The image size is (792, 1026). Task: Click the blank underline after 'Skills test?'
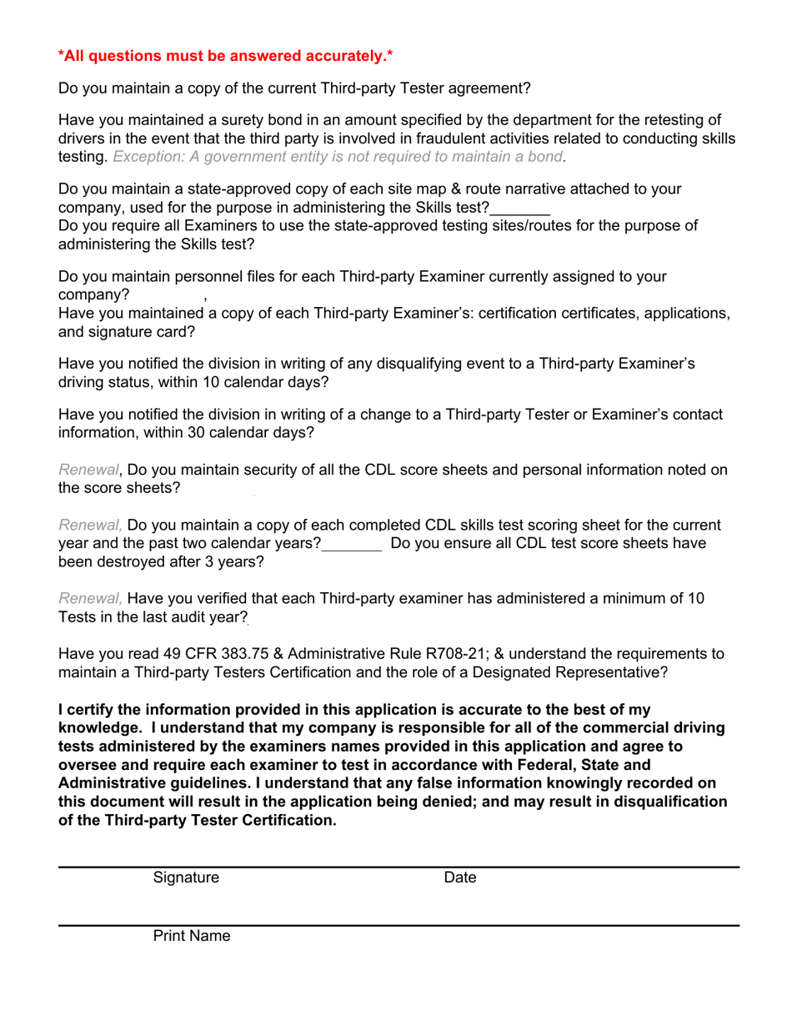pos(519,208)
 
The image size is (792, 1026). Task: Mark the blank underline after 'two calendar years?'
pos(352,543)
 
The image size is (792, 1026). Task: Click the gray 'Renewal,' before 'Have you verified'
pos(90,598)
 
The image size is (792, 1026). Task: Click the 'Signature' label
pos(186,878)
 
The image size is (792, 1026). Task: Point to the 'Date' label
pos(460,878)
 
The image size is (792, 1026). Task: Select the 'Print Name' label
pos(191,936)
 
